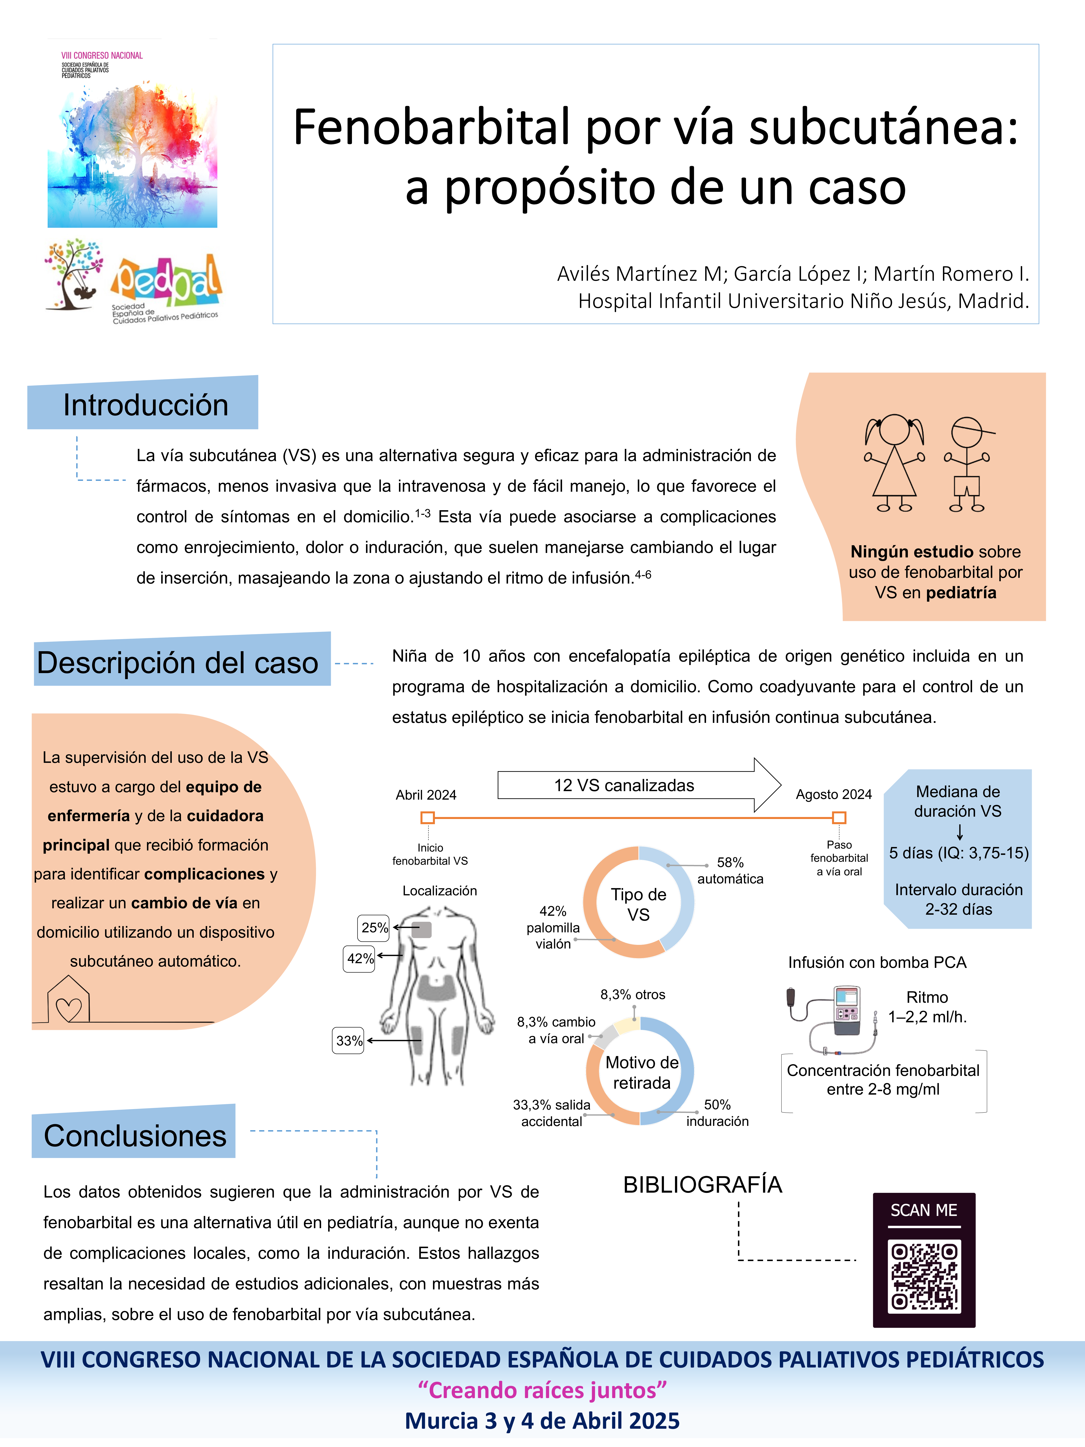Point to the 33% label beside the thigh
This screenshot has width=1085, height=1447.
349,1041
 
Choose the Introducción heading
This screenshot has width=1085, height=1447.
145,405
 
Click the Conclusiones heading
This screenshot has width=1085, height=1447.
135,1136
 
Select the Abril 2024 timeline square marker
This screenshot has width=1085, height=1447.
428,818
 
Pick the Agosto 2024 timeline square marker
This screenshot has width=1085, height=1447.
839,818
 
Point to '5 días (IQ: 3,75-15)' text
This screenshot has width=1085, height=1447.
958,853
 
